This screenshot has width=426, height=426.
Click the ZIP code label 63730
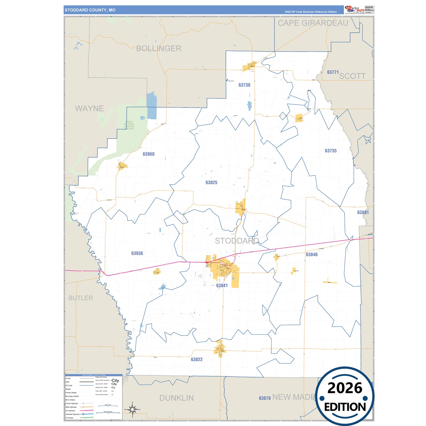pos(244,85)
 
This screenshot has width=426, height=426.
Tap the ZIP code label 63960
pos(149,154)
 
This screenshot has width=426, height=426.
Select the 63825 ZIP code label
pos(211,183)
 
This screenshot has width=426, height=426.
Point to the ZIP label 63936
pos(137,254)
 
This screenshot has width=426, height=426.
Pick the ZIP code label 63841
pos(222,286)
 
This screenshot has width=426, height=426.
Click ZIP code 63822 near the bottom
pos(197,360)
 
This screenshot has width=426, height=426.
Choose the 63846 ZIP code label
pos(312,255)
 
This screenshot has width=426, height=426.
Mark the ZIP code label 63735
pos(330,151)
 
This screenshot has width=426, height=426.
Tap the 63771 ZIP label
pos(333,72)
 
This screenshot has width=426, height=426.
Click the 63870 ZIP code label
pos(265,398)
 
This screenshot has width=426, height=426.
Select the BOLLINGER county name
pos(159,49)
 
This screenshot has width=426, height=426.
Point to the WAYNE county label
pos(89,109)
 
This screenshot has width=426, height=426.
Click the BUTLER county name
pos(80,298)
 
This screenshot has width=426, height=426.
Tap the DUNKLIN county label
pos(177,398)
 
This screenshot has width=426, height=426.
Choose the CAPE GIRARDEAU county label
pos(313,23)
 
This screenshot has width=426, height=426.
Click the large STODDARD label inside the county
pos(237,241)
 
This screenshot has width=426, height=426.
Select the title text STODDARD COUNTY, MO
pos(90,10)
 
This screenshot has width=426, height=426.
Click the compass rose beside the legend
pos(132,409)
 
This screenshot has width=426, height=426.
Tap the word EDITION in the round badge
pos(345,407)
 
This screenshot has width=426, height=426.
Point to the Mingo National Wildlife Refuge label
pos(129,125)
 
